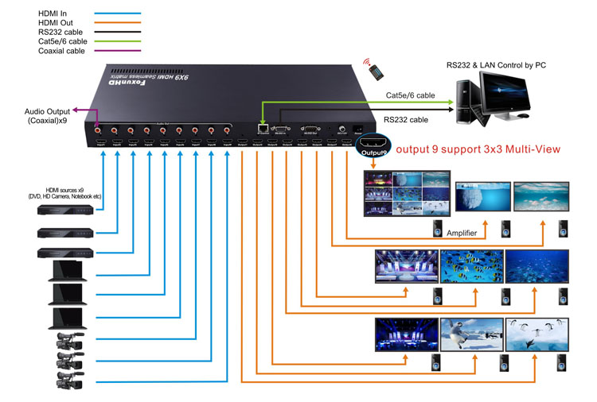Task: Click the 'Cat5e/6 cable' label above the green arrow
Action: pos(410,95)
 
